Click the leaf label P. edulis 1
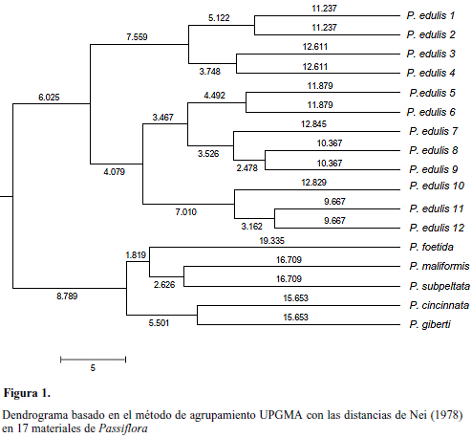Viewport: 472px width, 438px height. point(431,15)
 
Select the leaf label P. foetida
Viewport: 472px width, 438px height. point(431,247)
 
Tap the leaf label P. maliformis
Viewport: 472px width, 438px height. point(440,266)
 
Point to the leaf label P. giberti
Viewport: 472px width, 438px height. point(430,324)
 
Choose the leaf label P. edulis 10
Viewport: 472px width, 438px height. point(437,186)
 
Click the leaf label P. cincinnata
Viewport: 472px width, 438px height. point(440,305)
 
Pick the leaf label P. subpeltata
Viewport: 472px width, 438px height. point(440,286)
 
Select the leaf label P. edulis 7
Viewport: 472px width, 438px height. point(433,131)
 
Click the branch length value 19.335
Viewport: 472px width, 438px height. point(271,241)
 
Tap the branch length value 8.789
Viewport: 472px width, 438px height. point(67,296)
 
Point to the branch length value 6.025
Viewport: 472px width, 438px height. point(49,98)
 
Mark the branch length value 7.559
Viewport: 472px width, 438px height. point(137,37)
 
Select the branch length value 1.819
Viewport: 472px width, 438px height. point(136,255)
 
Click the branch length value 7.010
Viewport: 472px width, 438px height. point(186,212)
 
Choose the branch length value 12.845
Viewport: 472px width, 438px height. point(313,124)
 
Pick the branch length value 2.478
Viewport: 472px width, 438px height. point(247,168)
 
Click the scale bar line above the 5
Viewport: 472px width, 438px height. point(93,360)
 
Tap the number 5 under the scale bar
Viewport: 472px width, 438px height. point(93,368)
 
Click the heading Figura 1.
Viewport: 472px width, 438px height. point(27,393)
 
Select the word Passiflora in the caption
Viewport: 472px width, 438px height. point(123,428)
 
